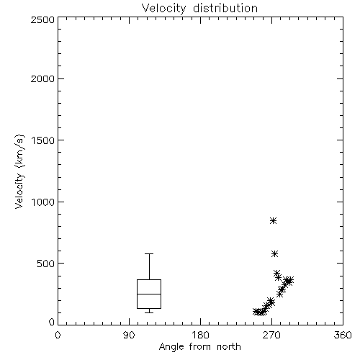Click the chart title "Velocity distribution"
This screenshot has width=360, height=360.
pos(199,9)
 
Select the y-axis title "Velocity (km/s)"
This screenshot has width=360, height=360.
pos(19,171)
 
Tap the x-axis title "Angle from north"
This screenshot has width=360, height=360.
pos(199,347)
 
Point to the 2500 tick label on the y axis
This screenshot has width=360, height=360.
pos(42,19)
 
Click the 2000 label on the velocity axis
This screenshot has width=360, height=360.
pos(42,78)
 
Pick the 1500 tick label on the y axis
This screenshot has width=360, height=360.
pos(43,140)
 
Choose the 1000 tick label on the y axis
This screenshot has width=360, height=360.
pos(43,202)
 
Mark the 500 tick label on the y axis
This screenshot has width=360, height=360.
pos(46,264)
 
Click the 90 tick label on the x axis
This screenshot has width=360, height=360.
pos(129,335)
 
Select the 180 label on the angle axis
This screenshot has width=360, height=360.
pos(200,335)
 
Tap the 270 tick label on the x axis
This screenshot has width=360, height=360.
pos(271,335)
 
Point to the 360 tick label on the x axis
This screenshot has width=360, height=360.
pos(343,335)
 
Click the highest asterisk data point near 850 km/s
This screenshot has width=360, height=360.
pos(273,220)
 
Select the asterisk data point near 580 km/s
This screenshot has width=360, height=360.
pos(274,253)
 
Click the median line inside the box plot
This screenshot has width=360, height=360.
pos(149,294)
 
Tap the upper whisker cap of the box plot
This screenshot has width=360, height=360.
pos(149,253)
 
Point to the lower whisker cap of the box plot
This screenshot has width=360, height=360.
pos(149,312)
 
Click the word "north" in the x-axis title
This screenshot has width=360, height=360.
pos(229,347)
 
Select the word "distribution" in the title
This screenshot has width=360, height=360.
pos(225,9)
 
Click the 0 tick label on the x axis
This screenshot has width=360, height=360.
pos(58,335)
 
